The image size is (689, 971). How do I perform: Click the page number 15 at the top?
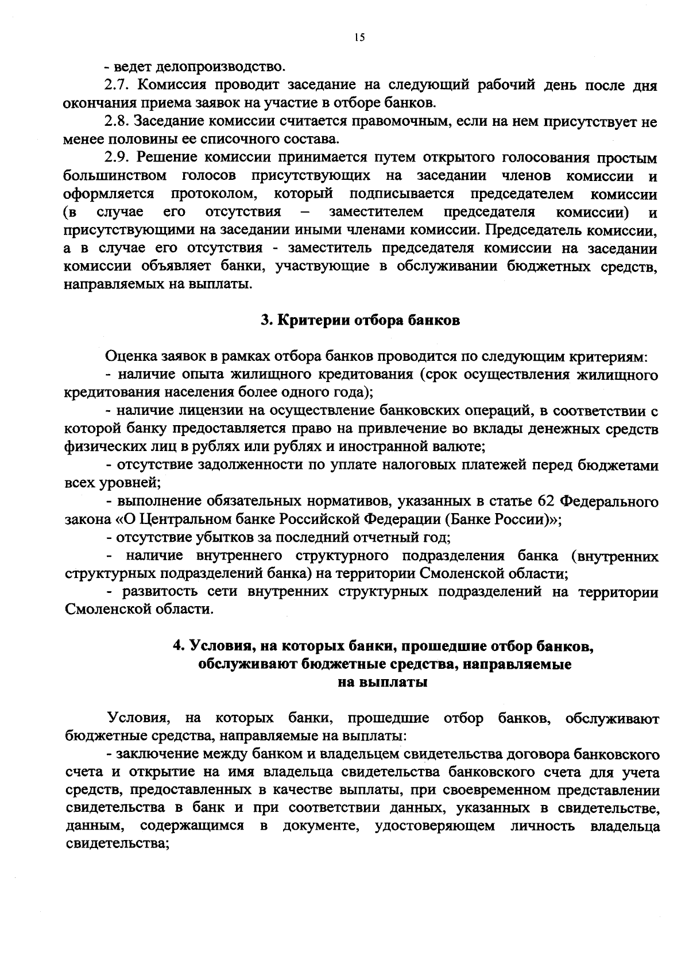coord(359,37)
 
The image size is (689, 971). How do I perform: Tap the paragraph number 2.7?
coord(120,86)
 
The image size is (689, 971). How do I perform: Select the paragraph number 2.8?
coord(120,122)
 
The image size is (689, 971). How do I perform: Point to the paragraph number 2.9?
coord(120,157)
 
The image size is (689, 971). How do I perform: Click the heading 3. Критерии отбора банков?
coord(360,321)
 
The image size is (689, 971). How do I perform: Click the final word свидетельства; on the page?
coord(117,844)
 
